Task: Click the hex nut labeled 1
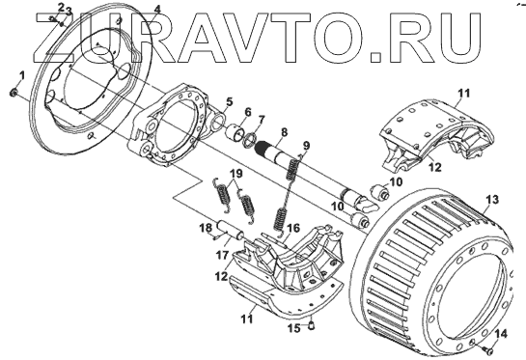[14, 92]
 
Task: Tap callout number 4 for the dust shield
[157, 8]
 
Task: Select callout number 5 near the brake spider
[229, 101]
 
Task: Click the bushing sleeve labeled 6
[235, 133]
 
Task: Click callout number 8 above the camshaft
[285, 132]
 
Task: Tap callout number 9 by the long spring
[306, 146]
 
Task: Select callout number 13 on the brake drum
[492, 200]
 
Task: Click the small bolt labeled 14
[489, 350]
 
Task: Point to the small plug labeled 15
[312, 324]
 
